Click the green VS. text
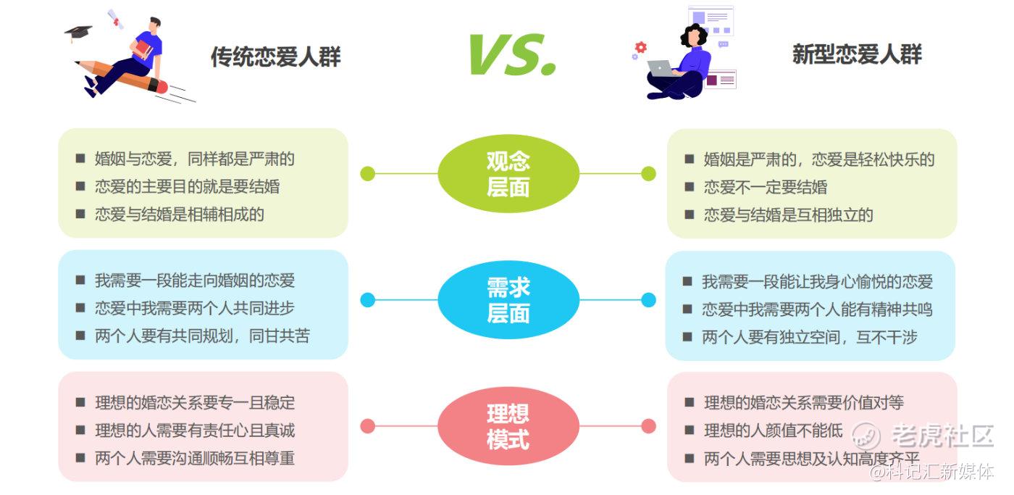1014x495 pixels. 513,54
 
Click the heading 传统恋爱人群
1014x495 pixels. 276,57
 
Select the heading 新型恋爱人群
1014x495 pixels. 857,54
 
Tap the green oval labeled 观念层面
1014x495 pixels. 508,173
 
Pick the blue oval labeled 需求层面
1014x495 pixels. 508,300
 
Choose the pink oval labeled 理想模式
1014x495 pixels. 508,425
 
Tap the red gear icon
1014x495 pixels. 640,47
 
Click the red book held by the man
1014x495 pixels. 143,49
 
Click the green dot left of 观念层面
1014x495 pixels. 368,173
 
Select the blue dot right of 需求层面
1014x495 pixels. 649,300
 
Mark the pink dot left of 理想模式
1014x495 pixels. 368,426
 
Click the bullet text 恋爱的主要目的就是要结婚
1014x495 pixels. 188,186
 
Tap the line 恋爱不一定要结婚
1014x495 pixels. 766,187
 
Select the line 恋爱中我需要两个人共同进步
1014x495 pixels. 195,309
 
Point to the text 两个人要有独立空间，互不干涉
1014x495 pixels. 810,338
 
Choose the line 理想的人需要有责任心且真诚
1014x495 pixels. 195,430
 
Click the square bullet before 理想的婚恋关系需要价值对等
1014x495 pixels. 690,402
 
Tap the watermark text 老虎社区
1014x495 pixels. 942,436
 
